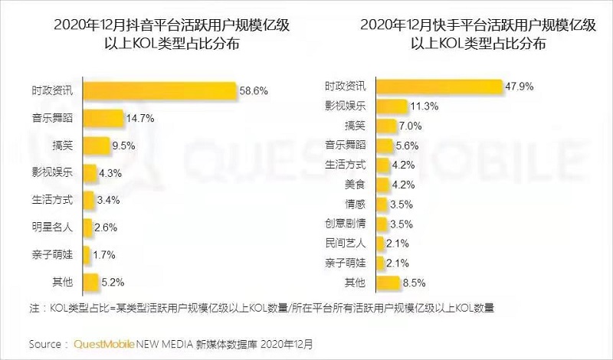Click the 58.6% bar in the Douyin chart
pyautogui.click(x=157, y=90)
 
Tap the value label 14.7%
pyautogui.click(x=141, y=118)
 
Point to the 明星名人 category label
pyautogui.click(x=53, y=227)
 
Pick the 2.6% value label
pyautogui.click(x=107, y=227)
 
